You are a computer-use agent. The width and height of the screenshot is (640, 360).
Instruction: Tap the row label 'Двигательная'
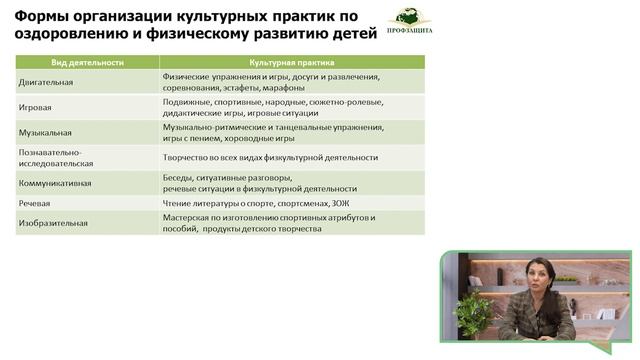point(46,81)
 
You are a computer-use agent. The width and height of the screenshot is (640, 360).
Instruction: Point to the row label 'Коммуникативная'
point(55,183)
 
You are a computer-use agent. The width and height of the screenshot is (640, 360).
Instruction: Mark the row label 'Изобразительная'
point(53,223)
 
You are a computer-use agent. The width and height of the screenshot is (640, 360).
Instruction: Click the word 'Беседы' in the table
point(177,177)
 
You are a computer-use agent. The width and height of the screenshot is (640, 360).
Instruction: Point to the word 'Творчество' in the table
point(185,157)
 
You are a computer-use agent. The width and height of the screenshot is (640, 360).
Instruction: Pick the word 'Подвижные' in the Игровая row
point(185,102)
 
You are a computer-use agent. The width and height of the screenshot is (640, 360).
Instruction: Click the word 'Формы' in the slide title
point(42,14)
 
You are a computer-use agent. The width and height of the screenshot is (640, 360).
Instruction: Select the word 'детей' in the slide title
point(350,34)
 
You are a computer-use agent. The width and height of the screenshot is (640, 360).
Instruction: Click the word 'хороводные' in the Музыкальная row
point(259,139)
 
